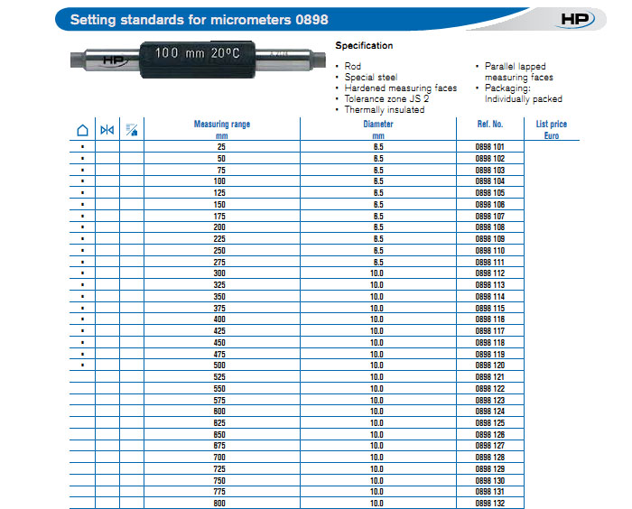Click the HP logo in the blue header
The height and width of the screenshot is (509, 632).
575,18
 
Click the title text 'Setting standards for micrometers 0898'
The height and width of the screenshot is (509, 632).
200,19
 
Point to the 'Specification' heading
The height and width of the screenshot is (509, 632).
364,45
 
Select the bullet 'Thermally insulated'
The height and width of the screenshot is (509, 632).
385,110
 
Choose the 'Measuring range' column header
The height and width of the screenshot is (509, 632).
221,125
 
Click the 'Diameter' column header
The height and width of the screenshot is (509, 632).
378,125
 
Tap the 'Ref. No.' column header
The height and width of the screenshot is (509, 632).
490,125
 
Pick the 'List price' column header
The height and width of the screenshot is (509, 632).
552,125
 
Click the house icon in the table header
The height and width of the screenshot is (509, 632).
82,130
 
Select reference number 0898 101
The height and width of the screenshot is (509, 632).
490,146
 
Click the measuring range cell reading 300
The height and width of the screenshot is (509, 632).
221,273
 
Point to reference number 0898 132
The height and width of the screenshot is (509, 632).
490,503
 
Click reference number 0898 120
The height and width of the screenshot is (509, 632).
490,365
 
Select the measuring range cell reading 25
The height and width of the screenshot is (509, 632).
221,146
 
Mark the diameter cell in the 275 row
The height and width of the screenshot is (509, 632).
378,262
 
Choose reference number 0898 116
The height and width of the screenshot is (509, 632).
490,319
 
